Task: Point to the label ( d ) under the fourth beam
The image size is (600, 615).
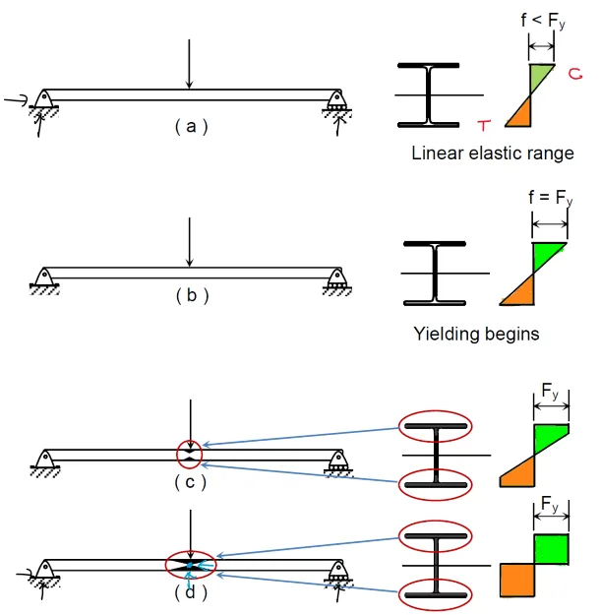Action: pyautogui.click(x=190, y=593)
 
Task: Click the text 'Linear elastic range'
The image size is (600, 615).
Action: pyautogui.click(x=493, y=154)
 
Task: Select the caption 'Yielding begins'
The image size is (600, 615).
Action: pyautogui.click(x=477, y=334)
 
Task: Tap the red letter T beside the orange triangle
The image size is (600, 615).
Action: pyautogui.click(x=484, y=124)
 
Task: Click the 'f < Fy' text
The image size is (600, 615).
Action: pyautogui.click(x=541, y=21)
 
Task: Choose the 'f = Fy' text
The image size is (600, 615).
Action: pyautogui.click(x=549, y=201)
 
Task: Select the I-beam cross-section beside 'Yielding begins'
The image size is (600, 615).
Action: pyautogui.click(x=434, y=273)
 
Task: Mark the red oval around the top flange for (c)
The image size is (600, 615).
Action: pyautogui.click(x=435, y=428)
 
